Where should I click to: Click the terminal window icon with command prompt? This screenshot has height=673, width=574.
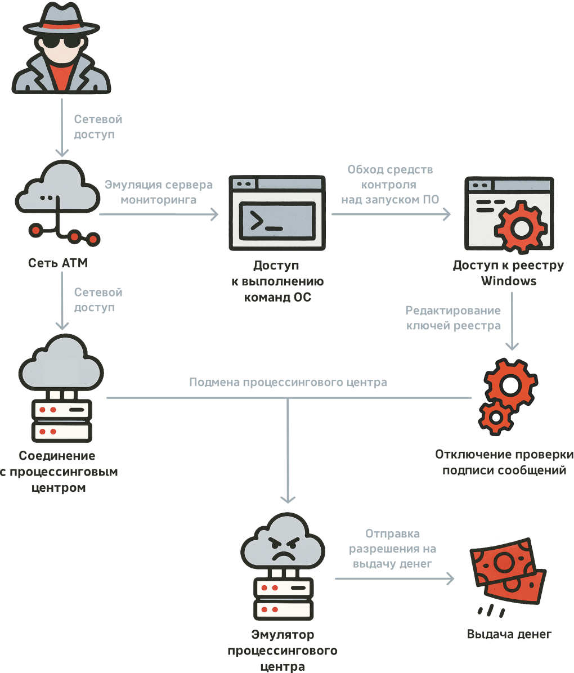pos(276,213)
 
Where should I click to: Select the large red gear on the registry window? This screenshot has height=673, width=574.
pos(520,228)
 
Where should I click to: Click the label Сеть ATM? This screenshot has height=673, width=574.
pos(58,263)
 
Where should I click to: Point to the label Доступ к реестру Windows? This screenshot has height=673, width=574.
pos(508,273)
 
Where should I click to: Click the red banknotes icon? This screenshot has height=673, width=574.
pos(508,575)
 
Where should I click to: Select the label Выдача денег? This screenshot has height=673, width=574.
pos(509,634)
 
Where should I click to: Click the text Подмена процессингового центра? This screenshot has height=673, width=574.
pos(288,383)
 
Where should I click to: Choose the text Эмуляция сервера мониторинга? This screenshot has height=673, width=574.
pos(159,192)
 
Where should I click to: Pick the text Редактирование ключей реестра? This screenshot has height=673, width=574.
pos(453,318)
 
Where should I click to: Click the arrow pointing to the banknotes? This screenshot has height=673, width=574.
pos(394,578)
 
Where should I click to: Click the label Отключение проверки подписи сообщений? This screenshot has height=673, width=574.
pos(504,462)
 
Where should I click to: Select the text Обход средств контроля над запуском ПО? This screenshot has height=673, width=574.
pos(390,184)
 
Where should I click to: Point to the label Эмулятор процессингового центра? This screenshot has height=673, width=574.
pos(282,651)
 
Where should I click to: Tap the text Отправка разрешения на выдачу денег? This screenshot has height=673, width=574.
pos(392,548)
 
